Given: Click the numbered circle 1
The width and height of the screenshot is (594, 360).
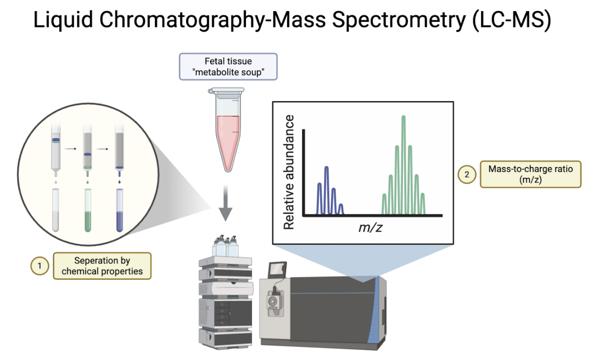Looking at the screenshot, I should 40,266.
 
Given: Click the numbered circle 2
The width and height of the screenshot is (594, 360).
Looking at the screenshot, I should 467,174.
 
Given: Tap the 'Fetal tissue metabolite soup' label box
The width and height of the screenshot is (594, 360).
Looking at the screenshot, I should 228,67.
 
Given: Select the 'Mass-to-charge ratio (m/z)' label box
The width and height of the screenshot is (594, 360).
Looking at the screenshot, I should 530,174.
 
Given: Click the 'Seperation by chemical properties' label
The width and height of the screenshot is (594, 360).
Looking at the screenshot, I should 102,266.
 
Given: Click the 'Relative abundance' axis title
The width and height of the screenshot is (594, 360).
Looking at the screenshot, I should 289,172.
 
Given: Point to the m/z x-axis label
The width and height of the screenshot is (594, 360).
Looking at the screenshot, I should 370,227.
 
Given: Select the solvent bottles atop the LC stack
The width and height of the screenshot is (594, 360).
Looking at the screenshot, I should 225,246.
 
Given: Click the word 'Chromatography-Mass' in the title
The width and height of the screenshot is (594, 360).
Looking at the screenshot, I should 212,19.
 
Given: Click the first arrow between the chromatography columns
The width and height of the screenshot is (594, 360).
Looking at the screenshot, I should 71,149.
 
